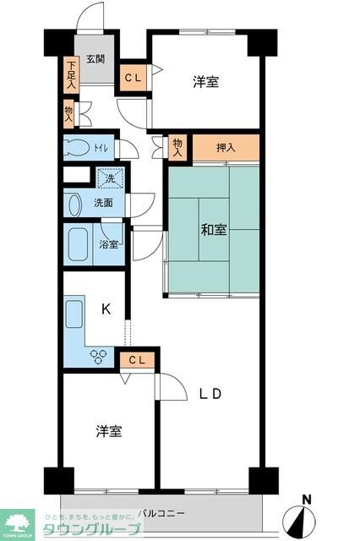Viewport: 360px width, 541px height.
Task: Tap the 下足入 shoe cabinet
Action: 71,74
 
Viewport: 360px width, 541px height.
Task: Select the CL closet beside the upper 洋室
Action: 134,77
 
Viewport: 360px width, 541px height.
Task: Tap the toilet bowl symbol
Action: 79,147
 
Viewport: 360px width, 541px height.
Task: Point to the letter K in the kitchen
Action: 106,309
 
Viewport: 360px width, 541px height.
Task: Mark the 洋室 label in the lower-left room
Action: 108,431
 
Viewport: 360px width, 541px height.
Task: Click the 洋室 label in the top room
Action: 205,82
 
